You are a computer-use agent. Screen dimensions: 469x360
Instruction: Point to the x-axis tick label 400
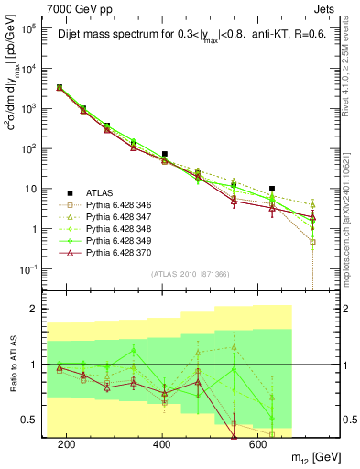[162, 444]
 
